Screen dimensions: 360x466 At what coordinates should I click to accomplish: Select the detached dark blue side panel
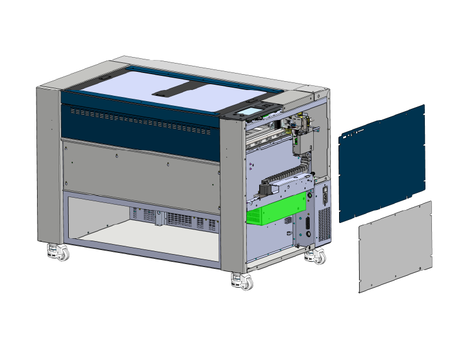(x=382, y=162)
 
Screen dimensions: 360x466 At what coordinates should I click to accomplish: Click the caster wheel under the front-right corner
(x=243, y=281)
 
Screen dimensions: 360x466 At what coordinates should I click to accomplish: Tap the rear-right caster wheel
(x=318, y=256)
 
